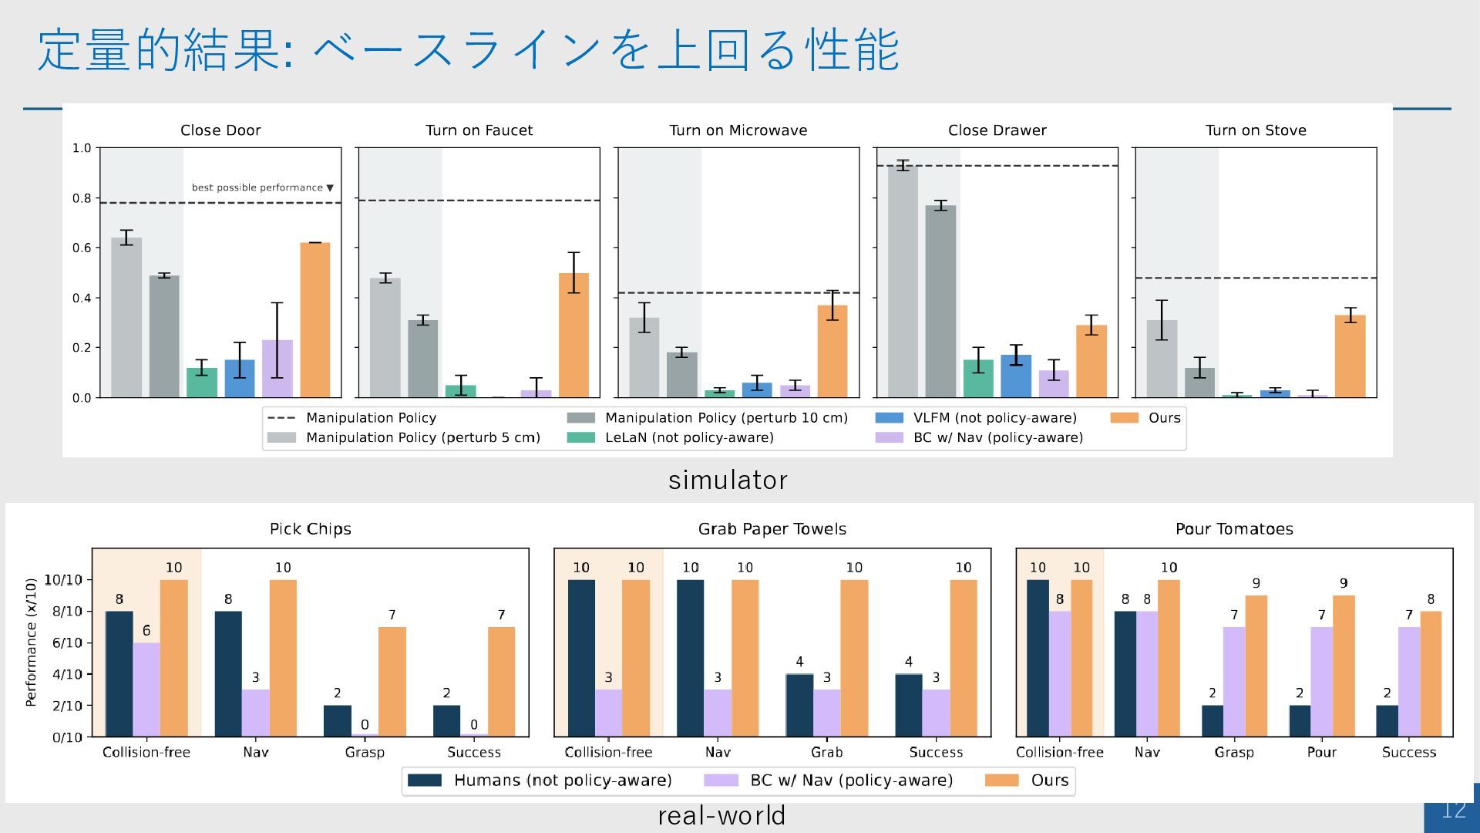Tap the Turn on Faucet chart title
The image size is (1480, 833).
pos(479,130)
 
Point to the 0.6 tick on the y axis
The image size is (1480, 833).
pos(82,248)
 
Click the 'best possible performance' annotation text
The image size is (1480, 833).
pos(257,187)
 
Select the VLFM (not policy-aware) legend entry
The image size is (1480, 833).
pos(994,417)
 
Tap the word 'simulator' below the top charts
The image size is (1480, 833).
pos(728,480)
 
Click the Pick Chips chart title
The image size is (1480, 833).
pos(310,529)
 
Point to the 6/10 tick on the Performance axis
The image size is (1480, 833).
pos(67,642)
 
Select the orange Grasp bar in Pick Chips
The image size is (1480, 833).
pos(392,682)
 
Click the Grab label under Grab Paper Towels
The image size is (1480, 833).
pos(826,752)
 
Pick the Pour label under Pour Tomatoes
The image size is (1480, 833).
pos(1321,752)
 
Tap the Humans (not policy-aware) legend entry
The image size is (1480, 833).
pos(562,780)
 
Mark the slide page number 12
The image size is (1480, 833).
pos(1453,810)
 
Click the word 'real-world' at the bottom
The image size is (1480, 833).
pos(721,815)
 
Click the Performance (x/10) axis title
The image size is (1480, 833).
pos(31,642)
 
